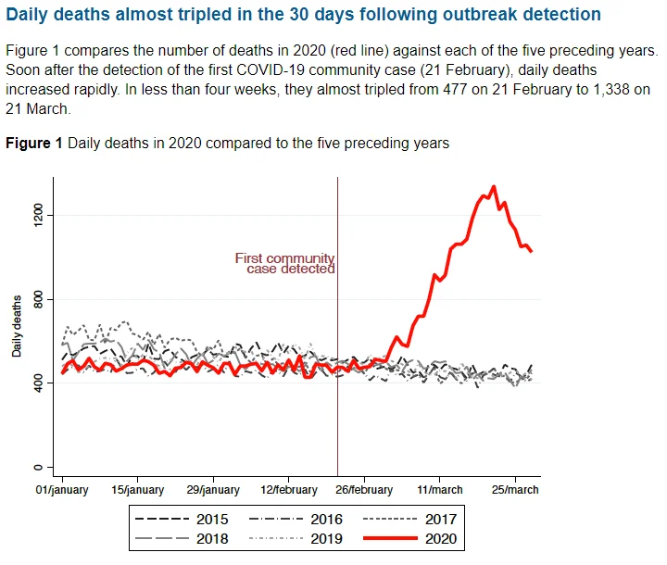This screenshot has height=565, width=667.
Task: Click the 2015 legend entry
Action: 184,520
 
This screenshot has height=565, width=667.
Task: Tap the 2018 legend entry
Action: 184,537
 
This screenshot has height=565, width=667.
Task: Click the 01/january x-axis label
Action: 62,490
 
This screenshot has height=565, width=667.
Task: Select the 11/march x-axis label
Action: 440,490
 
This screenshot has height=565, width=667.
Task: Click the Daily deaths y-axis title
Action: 17,326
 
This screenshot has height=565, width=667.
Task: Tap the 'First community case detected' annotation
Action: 284,263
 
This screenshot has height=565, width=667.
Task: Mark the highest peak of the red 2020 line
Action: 493,186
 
